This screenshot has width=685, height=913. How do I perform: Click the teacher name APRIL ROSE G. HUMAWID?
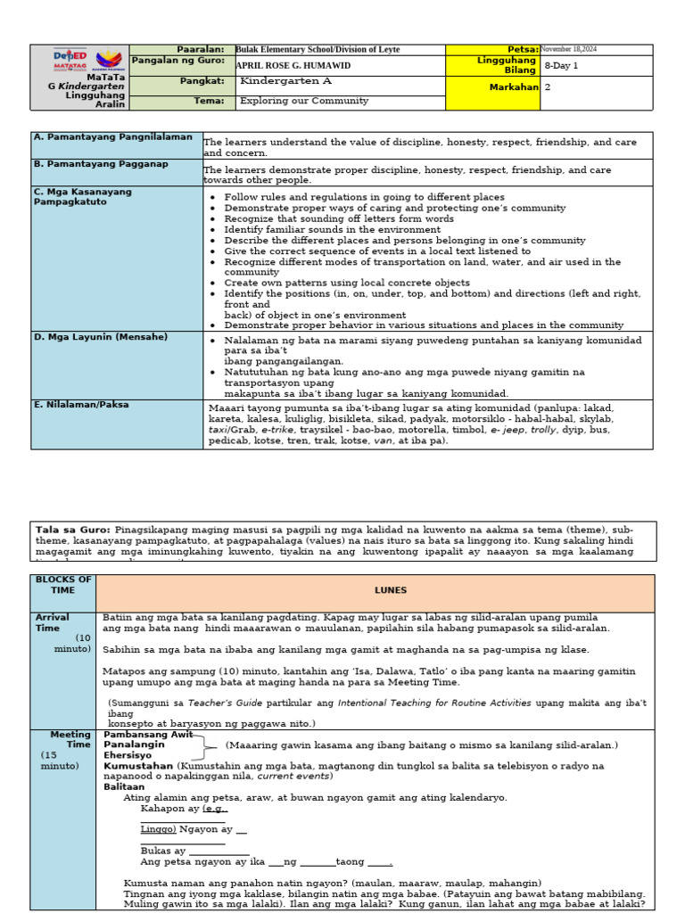(293, 66)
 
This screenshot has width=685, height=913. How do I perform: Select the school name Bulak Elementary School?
(318, 50)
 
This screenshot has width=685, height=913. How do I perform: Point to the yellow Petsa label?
(523, 50)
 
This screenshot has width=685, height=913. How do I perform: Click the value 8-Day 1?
(561, 66)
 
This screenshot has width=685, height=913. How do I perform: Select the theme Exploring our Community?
(303, 102)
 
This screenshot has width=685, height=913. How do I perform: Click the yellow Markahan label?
(514, 87)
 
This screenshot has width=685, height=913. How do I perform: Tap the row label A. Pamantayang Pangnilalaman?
(101, 137)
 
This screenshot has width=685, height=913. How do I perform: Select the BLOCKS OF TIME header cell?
(62, 585)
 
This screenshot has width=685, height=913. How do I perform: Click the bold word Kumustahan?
(138, 765)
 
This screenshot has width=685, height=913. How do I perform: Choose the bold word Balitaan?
(124, 786)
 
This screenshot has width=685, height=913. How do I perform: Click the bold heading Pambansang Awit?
(148, 734)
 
